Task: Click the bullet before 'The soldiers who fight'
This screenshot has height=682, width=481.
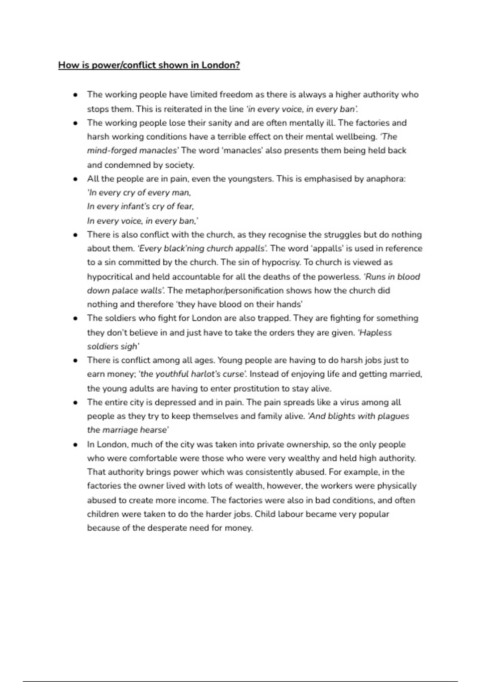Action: pos(75,319)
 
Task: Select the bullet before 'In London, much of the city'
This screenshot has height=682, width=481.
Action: pos(75,445)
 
